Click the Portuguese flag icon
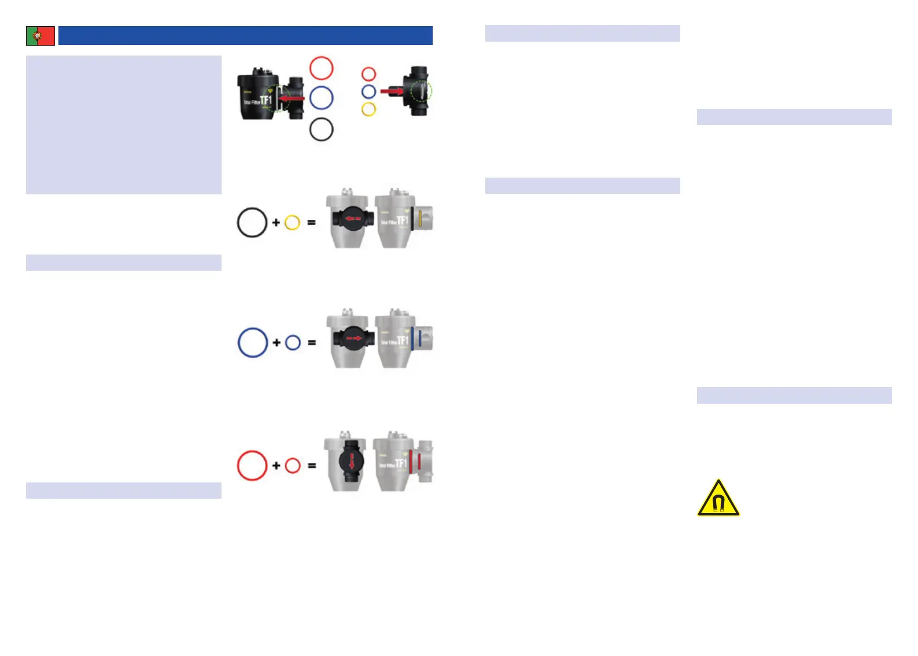point(40,36)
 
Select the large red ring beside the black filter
point(322,68)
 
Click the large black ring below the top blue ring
point(322,129)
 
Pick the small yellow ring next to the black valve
point(368,109)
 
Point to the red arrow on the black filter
point(292,99)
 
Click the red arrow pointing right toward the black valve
point(392,91)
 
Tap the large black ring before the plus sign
point(252,223)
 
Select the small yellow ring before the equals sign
point(292,223)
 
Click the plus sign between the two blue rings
point(276,342)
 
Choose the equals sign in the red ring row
point(312,466)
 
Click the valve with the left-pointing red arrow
point(350,219)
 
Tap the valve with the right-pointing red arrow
point(351,338)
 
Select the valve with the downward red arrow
point(351,461)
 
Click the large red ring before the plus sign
point(252,466)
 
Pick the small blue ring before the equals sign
point(293,342)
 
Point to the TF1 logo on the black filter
point(265,101)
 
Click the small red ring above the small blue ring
point(368,74)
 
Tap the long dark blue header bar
point(245,36)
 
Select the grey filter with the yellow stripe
point(404,220)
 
